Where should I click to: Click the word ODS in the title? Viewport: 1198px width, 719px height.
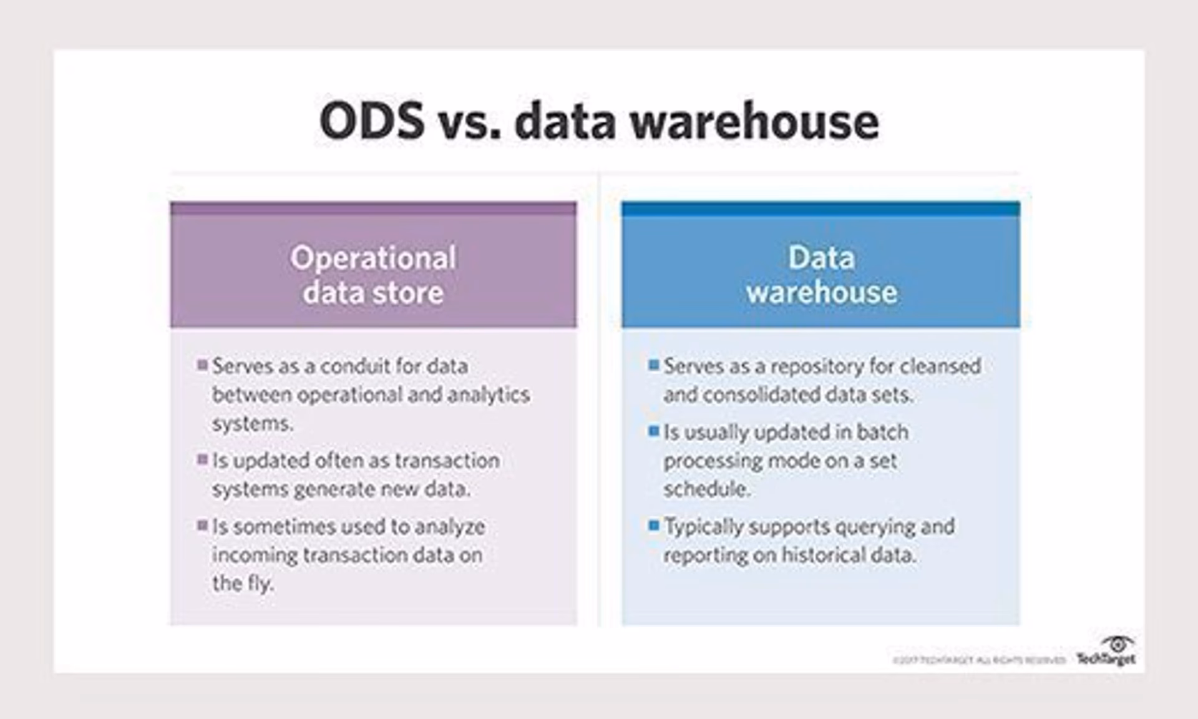click(372, 121)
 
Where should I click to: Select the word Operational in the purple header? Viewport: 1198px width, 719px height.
click(373, 258)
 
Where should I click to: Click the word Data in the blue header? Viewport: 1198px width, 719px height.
click(821, 258)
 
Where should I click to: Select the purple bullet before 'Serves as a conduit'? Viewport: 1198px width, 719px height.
click(202, 364)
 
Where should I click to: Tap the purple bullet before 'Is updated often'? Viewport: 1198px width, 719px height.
click(202, 459)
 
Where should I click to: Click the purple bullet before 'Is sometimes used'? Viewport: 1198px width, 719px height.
click(202, 526)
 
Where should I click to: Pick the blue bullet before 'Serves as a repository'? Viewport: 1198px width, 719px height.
click(653, 364)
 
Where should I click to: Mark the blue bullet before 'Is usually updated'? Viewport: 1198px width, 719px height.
click(653, 431)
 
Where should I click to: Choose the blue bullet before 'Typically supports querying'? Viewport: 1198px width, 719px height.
click(653, 526)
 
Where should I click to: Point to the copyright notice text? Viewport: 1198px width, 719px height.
click(978, 660)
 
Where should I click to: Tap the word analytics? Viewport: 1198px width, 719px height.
click(489, 394)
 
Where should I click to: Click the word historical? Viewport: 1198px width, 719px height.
click(821, 555)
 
